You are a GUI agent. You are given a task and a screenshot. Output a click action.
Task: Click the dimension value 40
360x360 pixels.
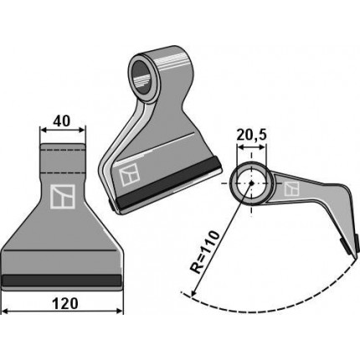(62, 121)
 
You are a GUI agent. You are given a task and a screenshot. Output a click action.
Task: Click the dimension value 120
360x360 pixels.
(64, 304)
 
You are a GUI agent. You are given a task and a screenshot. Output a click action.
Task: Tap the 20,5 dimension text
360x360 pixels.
(251, 136)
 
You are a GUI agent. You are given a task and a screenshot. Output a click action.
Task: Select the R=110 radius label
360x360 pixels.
(205, 252)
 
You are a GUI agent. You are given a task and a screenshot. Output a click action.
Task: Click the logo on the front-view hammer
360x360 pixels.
(63, 197)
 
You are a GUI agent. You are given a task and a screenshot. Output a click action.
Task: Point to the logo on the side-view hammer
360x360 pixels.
(291, 189)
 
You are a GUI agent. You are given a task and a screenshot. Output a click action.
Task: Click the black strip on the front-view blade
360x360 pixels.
(61, 280)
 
